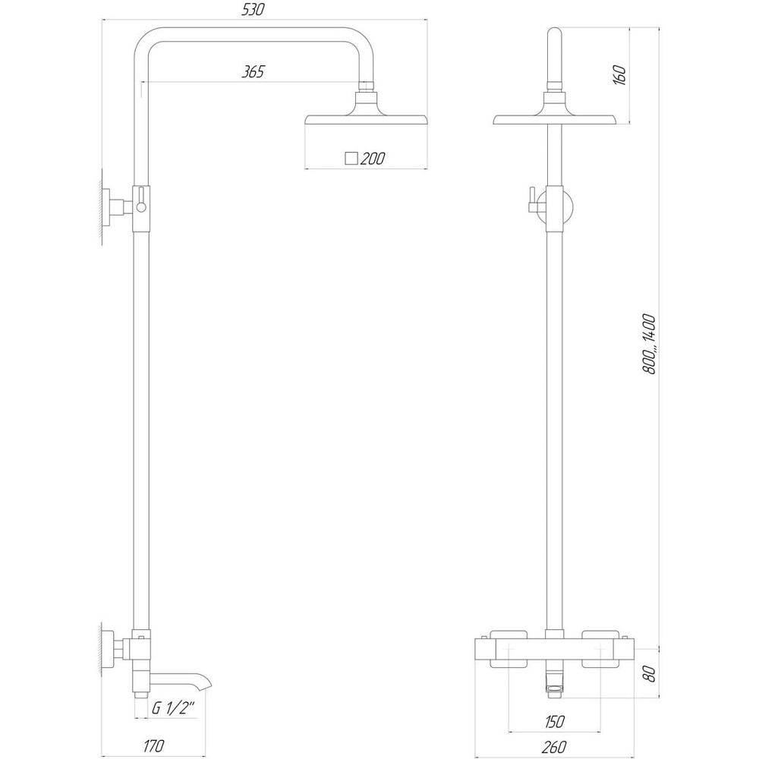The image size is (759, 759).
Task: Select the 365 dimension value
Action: coord(253,73)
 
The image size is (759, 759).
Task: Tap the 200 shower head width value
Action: coord(373,159)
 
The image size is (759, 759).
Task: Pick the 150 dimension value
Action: coord(555,721)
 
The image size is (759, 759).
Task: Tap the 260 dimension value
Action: coord(555,748)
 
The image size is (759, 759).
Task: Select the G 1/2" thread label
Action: coord(174,709)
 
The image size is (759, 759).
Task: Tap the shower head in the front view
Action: coord(556,118)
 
